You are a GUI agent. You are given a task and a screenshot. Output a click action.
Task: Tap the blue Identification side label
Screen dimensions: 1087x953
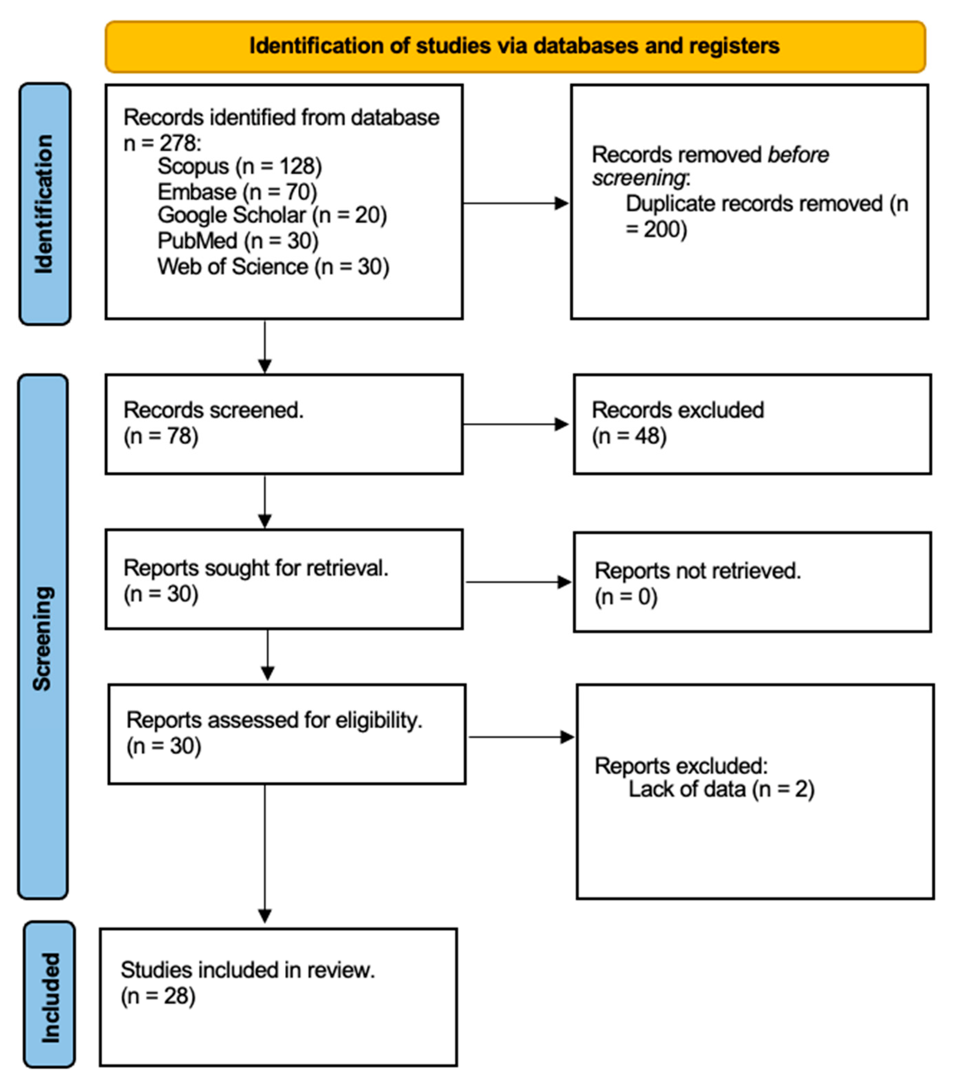click(x=45, y=204)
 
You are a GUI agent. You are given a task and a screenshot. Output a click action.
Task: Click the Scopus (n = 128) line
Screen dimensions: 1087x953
click(x=239, y=166)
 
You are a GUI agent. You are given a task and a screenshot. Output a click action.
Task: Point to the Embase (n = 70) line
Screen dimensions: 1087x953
click(x=237, y=192)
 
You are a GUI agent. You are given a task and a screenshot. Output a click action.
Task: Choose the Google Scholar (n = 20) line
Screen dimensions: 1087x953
click(x=272, y=215)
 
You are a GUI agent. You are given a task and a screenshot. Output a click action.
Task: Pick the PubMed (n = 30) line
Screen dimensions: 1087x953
click(x=238, y=241)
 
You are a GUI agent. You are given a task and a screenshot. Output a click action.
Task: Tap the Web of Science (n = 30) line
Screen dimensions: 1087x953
click(x=273, y=266)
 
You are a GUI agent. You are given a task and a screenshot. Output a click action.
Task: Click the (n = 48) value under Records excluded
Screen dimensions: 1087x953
click(x=629, y=436)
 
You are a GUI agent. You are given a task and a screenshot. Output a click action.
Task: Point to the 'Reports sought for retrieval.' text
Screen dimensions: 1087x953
click(x=256, y=568)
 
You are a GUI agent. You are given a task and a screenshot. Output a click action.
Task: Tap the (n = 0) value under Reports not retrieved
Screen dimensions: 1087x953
click(x=626, y=597)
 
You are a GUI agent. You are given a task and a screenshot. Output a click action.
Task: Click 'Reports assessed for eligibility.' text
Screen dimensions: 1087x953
click(x=274, y=720)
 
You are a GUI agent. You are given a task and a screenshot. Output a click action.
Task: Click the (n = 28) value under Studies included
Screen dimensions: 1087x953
click(x=158, y=996)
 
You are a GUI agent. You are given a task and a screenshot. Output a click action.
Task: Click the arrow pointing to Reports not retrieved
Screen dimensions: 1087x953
click(x=518, y=582)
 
